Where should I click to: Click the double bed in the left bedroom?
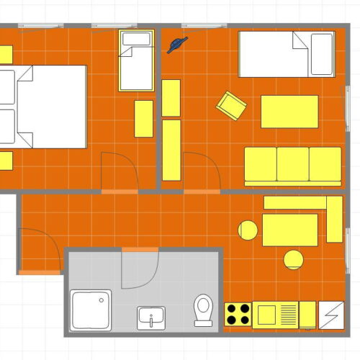pyautogui.click(x=47, y=107)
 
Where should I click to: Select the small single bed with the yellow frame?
pyautogui.click(x=136, y=60)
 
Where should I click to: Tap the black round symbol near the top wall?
pyautogui.click(x=176, y=45)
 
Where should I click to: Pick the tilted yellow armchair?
pyautogui.click(x=231, y=106)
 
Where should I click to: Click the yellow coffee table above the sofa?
pyautogui.click(x=289, y=111)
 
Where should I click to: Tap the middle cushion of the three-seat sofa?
pyautogui.click(x=292, y=165)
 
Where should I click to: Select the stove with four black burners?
pyautogui.click(x=238, y=314)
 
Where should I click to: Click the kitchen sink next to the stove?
pyautogui.click(x=265, y=315)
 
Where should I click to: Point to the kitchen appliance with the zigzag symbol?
pyautogui.click(x=332, y=315)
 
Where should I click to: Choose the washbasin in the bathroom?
pyautogui.click(x=151, y=317)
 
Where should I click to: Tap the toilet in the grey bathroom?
pyautogui.click(x=203, y=310)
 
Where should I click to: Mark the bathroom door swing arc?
pyautogui.click(x=141, y=270)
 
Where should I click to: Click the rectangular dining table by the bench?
pyautogui.click(x=289, y=230)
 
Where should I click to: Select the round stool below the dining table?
pyautogui.click(x=293, y=259)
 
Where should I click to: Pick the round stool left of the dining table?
pyautogui.click(x=248, y=230)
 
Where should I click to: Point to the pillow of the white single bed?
pyautogui.click(x=320, y=55)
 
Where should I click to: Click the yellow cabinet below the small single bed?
pyautogui.click(x=143, y=118)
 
